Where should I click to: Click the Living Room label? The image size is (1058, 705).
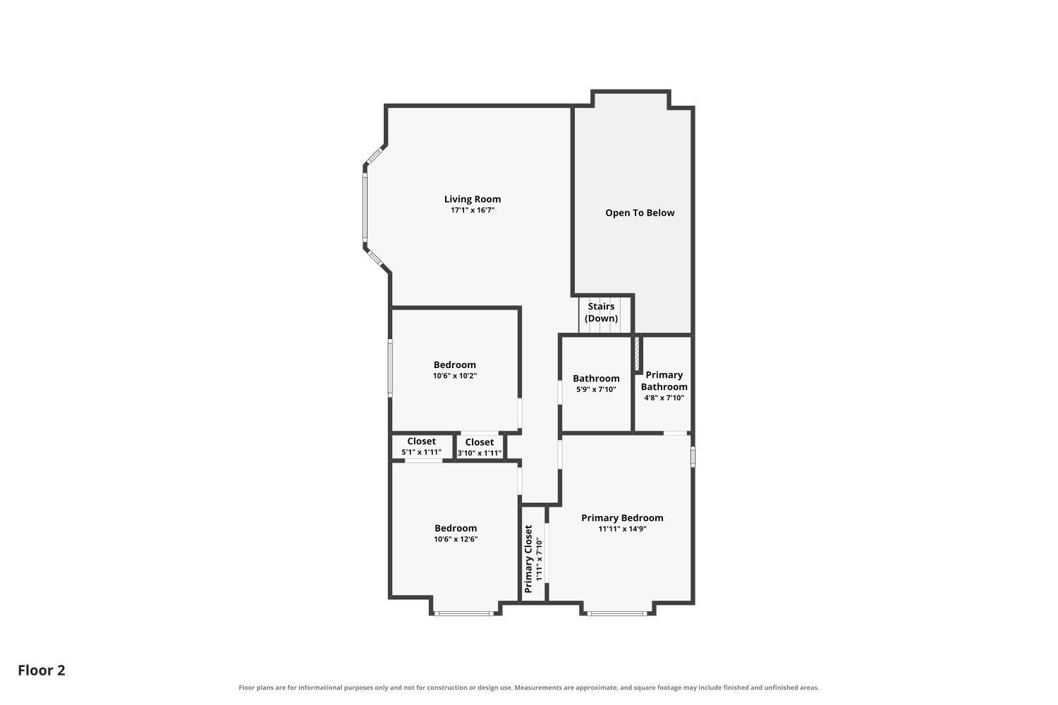tap(473, 200)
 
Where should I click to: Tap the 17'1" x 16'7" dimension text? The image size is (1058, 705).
tap(473, 210)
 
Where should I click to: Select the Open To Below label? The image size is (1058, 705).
tap(640, 213)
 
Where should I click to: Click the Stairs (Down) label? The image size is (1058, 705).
tap(601, 312)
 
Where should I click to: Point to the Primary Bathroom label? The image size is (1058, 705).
tap(664, 381)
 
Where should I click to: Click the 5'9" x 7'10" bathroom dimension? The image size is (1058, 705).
tap(596, 390)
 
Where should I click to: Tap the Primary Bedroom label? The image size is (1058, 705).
tap(622, 518)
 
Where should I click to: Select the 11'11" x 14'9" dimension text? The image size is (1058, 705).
tap(622, 529)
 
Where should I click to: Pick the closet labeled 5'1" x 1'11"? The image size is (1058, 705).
tap(421, 447)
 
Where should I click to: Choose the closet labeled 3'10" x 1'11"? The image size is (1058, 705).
tap(480, 448)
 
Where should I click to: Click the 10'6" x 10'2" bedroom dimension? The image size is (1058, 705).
tap(455, 376)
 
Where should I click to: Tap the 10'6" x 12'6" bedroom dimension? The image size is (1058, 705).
tap(456, 539)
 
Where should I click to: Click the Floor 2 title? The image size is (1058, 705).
tap(42, 670)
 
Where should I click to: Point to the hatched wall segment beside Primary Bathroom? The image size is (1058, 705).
tap(637, 354)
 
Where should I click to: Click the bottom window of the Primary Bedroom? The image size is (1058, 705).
tap(617, 614)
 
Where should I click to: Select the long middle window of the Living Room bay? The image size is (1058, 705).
tap(365, 208)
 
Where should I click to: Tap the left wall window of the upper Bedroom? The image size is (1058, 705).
tap(390, 368)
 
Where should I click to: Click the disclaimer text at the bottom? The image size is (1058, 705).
tap(528, 687)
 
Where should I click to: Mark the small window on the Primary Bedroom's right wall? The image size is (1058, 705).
tap(693, 457)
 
